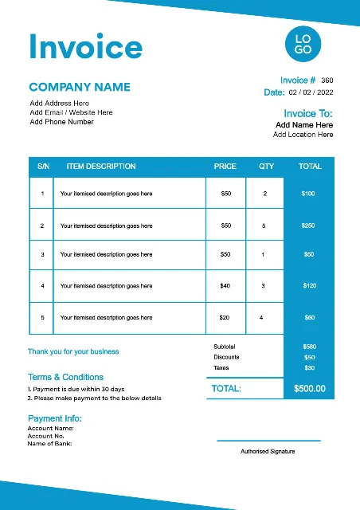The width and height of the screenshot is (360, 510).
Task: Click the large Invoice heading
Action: coord(85,47)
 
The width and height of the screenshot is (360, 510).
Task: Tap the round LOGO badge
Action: coord(303,45)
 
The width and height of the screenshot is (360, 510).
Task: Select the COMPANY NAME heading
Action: coord(80,87)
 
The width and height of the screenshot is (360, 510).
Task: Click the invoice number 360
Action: coord(327,80)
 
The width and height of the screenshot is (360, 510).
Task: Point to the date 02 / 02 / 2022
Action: coord(311,92)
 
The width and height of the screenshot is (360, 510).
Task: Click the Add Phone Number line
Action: coord(61,122)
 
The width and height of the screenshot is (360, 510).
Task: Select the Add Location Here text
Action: coord(303,135)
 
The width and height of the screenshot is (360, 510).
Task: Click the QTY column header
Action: coord(266,167)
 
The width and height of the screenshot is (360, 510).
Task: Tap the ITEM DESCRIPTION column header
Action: coord(101,167)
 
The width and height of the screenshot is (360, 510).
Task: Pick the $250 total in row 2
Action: coord(308,226)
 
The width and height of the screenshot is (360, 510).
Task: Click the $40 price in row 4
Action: coord(225,285)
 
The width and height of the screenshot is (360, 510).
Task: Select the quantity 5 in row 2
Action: coord(264,226)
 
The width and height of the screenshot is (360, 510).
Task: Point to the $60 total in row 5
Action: coord(309,317)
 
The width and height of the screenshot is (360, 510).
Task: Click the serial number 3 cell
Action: coord(42,254)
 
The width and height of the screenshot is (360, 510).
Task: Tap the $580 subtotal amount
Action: coord(309,347)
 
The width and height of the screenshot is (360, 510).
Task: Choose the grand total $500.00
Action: coord(309,389)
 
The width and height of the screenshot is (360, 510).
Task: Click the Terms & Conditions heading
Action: coord(65,377)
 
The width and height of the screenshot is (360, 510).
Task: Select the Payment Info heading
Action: coord(55,418)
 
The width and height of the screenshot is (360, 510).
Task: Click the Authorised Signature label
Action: coord(268,451)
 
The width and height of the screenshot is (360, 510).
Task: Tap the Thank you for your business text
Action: coord(73,351)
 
